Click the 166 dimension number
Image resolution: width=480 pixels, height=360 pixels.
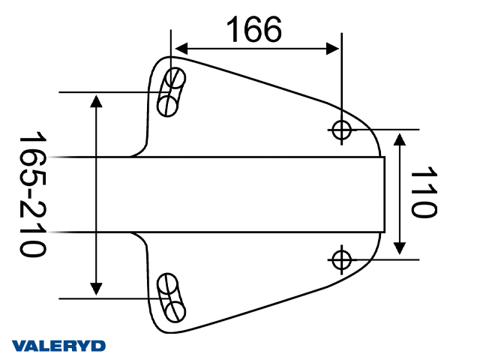[253, 29]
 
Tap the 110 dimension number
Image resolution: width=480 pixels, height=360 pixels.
[424, 192]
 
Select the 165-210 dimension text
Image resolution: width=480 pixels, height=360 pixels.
[32, 193]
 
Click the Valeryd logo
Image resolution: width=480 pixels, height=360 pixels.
[58, 346]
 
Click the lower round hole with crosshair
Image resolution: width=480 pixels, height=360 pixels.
[342, 260]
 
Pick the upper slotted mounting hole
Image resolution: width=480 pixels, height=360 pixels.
[171, 91]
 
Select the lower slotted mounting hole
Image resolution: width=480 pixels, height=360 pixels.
[171, 298]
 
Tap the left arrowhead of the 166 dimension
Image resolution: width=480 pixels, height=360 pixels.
[181, 49]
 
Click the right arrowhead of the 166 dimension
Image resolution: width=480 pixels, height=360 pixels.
[333, 49]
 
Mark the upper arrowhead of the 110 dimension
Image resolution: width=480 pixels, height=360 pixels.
[400, 139]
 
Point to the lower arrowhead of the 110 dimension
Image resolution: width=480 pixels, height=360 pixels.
[400, 248]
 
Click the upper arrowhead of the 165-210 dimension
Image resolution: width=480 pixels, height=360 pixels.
[96, 101]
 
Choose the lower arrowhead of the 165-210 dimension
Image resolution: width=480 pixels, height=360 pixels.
[96, 289]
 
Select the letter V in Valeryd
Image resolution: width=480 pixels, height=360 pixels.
[19, 346]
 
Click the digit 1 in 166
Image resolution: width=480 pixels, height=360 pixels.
[233, 29]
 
